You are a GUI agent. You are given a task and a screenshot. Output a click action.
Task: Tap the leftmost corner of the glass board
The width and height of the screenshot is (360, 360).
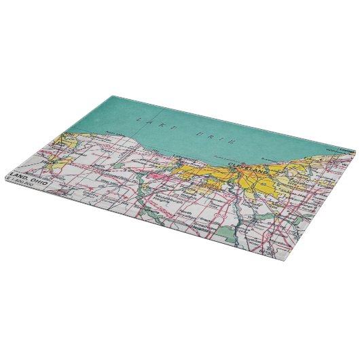3,178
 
